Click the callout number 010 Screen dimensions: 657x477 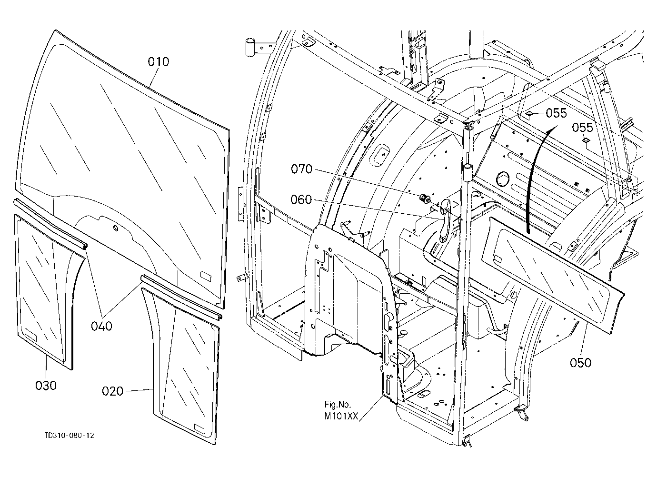(x=159, y=62)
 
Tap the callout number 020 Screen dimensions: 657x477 (x=112, y=391)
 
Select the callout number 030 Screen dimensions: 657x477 (x=46, y=386)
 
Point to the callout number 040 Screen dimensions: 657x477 (x=101, y=326)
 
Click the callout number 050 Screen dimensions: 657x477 (x=580, y=363)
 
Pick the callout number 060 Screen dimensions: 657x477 (x=301, y=199)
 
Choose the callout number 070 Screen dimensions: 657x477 (x=301, y=169)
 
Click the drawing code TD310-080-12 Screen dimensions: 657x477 (x=69, y=435)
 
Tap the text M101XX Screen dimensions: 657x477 (x=341, y=416)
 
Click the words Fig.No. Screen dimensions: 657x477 (x=338, y=405)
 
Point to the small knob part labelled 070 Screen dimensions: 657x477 (x=424, y=199)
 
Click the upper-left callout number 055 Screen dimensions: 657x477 (x=556, y=113)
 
